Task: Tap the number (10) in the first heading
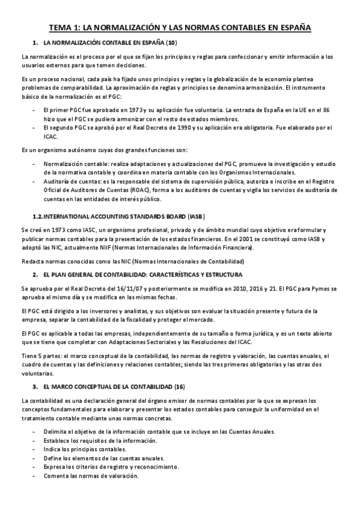tap(171, 43)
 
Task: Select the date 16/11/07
tap(109, 289)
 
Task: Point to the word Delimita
tap(55, 432)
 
